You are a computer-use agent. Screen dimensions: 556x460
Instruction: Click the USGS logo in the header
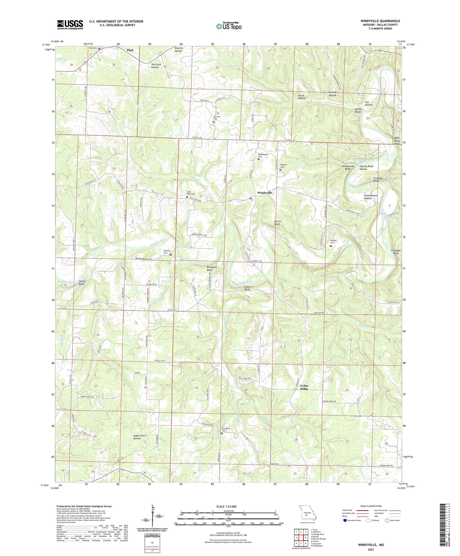(70, 25)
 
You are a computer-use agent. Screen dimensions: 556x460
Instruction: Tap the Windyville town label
(264, 193)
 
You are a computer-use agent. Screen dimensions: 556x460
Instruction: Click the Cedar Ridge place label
(304, 387)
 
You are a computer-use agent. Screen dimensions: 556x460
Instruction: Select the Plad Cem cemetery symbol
(99, 48)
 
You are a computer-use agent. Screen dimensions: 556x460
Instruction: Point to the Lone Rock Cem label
(191, 193)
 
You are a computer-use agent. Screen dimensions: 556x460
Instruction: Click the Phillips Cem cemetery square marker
(331, 246)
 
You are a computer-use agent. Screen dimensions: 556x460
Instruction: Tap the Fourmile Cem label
(226, 430)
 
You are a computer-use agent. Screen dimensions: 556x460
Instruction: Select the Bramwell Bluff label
(212, 268)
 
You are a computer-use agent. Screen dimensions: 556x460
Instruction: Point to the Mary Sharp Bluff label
(397, 141)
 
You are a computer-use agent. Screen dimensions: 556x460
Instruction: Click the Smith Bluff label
(82, 282)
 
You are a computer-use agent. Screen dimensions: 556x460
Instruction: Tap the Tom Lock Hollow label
(156, 66)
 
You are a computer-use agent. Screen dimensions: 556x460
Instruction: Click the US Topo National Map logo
(228, 26)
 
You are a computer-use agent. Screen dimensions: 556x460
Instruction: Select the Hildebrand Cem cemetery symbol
(259, 159)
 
